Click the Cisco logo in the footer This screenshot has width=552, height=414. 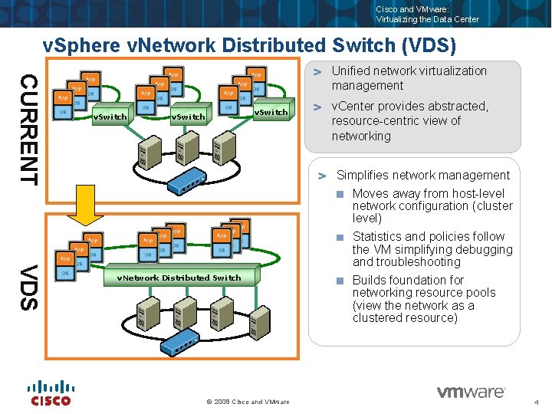click(x=51, y=393)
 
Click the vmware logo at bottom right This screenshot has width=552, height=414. click(x=471, y=393)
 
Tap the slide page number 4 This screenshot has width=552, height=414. click(x=537, y=402)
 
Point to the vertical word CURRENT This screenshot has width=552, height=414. click(x=28, y=129)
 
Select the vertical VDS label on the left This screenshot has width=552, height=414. click(x=28, y=287)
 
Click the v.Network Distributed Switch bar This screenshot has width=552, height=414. click(x=179, y=278)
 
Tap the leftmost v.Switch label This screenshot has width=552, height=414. click(x=110, y=117)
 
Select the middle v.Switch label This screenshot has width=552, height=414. click(x=188, y=117)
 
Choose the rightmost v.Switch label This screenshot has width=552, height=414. click(x=271, y=112)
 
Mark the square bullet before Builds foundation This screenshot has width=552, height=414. click(x=340, y=281)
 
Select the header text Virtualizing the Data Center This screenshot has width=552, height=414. click(x=427, y=19)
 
